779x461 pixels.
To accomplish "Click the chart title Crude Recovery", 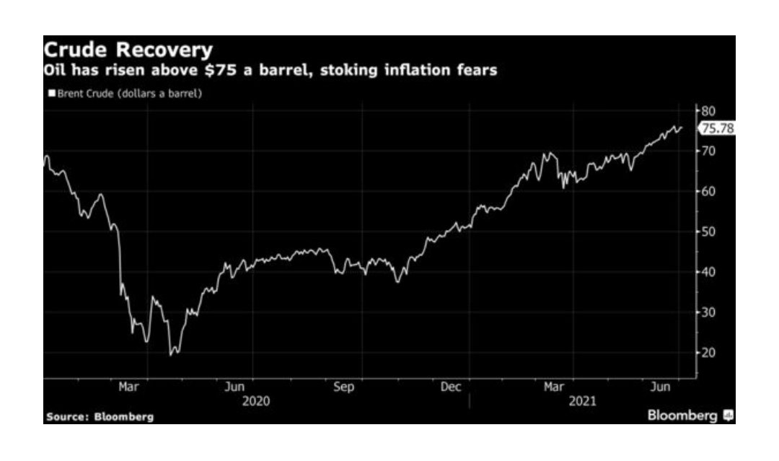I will pyautogui.click(x=128, y=51).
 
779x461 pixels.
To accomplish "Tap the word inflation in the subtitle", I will pyautogui.click(x=421, y=71).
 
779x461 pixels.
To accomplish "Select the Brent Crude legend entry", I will pyautogui.click(x=125, y=94).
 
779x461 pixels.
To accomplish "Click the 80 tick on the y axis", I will pyautogui.click(x=708, y=110).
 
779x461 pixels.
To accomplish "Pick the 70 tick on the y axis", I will pyautogui.click(x=708, y=151).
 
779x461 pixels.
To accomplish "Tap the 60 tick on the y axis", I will pyautogui.click(x=708, y=191).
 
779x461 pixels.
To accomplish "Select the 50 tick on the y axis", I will pyautogui.click(x=708, y=232).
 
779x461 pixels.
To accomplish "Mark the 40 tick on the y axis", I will pyautogui.click(x=708, y=272).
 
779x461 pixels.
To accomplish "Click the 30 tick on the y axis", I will pyautogui.click(x=708, y=312).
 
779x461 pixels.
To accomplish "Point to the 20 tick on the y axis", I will pyautogui.click(x=708, y=353).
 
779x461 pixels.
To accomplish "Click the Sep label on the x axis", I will pyautogui.click(x=344, y=387).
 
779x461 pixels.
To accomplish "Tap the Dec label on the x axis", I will pyautogui.click(x=451, y=387).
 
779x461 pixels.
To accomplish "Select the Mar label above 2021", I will pyautogui.click(x=554, y=387).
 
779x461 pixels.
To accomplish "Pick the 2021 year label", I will pyautogui.click(x=582, y=401).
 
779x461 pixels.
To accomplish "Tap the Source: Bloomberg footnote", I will pyautogui.click(x=100, y=417).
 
